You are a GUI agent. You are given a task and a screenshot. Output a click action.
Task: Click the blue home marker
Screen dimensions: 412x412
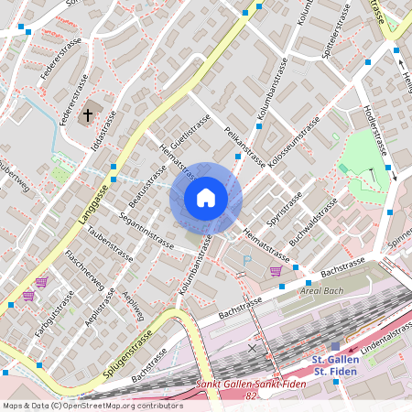tap(206, 197)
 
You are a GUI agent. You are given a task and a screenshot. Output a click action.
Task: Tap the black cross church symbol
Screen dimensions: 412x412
tap(88, 115)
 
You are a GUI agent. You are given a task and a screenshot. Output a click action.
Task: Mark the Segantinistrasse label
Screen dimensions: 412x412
tap(146, 231)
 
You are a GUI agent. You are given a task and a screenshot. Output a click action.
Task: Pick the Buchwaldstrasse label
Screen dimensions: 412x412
tap(314, 224)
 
